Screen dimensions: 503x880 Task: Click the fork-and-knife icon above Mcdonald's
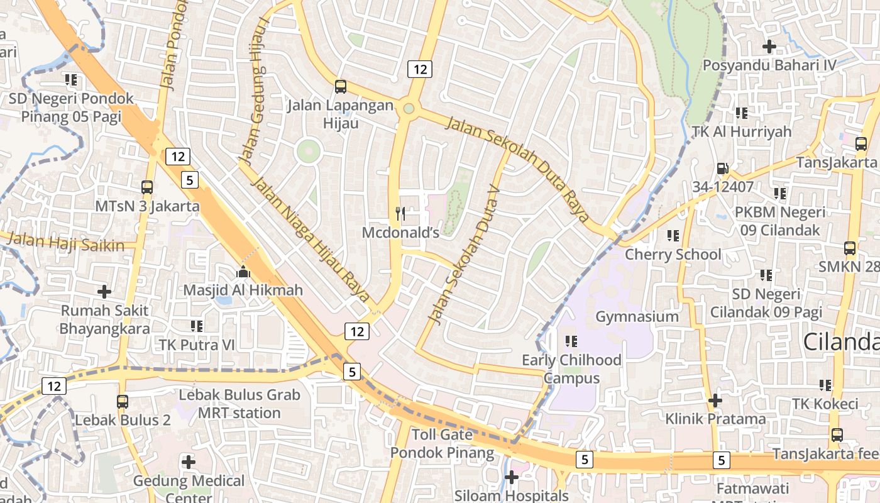(x=400, y=214)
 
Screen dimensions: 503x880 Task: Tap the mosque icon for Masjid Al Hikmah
(x=243, y=272)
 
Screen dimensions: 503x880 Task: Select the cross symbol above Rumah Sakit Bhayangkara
(x=104, y=292)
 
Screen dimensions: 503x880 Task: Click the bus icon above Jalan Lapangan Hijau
(x=340, y=87)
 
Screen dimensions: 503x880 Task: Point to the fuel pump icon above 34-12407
(x=722, y=169)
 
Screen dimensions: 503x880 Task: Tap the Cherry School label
(x=673, y=255)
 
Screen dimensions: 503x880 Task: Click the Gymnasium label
(x=637, y=316)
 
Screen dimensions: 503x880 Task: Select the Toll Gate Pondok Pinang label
(x=443, y=444)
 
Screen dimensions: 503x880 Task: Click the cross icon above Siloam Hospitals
(x=512, y=478)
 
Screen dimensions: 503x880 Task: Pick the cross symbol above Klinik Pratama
(x=715, y=400)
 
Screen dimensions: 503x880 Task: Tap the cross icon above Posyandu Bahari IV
(x=769, y=47)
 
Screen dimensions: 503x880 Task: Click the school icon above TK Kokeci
(x=825, y=385)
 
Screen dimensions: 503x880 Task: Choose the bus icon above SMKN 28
(x=849, y=248)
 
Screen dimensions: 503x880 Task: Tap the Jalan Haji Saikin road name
(x=66, y=243)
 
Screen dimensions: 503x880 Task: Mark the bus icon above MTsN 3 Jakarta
(x=147, y=187)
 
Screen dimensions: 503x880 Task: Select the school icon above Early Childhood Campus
(x=571, y=341)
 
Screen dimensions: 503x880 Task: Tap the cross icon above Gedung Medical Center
(x=188, y=462)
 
